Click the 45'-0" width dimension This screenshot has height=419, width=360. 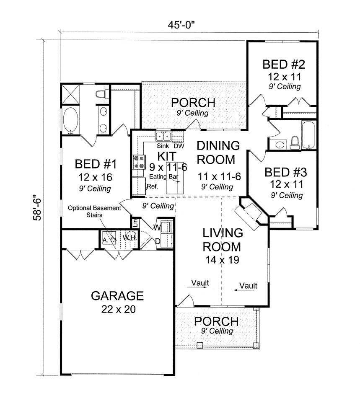click(181, 25)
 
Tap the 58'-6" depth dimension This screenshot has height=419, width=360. click(37, 209)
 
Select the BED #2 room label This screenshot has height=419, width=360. click(284, 65)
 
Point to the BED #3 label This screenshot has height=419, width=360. click(286, 172)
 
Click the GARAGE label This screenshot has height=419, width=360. click(117, 296)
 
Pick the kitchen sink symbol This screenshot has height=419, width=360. click(163, 136)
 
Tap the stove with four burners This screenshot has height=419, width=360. click(139, 162)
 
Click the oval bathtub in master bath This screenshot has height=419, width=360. click(70, 121)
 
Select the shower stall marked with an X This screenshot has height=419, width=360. click(70, 94)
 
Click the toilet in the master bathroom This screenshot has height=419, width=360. click(102, 94)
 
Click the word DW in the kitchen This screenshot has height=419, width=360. click(179, 146)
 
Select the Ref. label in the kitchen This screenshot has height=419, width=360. click(152, 186)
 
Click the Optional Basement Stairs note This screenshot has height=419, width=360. click(94, 211)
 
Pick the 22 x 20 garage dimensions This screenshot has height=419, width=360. click(119, 309)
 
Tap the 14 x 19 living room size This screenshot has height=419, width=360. click(222, 260)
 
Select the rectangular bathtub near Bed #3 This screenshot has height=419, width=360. click(309, 135)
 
